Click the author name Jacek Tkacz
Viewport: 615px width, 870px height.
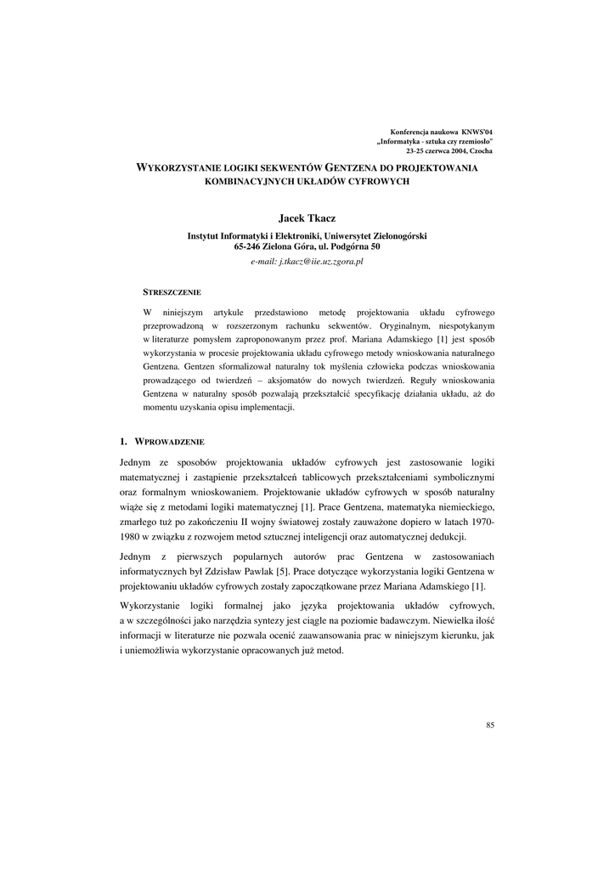coord(307,218)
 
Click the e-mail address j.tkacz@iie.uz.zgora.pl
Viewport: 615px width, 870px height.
coord(307,263)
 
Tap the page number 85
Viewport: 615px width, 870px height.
coord(490,725)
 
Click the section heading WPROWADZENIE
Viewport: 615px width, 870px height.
coord(170,441)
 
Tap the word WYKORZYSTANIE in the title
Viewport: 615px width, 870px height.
coord(175,167)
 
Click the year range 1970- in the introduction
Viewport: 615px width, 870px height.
coord(478,522)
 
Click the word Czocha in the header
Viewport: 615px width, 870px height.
coord(481,150)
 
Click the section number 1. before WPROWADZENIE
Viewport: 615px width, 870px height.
coord(124,441)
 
